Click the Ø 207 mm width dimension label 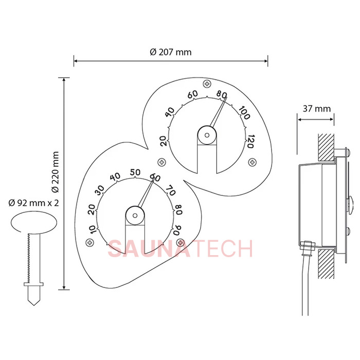[171, 52]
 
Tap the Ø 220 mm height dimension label [55, 172]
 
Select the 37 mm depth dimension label [317, 109]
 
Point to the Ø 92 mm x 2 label [34, 203]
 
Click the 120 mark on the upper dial [250, 141]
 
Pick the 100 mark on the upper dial [244, 113]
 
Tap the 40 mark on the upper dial [170, 112]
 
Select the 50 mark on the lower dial [135, 172]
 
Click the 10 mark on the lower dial [92, 229]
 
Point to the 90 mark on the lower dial [177, 230]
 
